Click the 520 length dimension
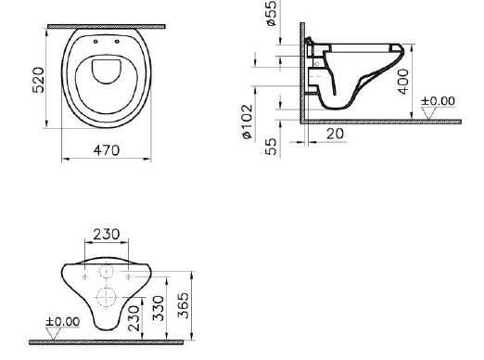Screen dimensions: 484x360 pyautogui.click(x=38, y=80)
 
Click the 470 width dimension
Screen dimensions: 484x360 pyautogui.click(x=106, y=150)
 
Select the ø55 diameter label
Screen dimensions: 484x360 pyautogui.click(x=272, y=13)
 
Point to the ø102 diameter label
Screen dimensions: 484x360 pyautogui.click(x=248, y=122)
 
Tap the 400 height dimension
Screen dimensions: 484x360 pyautogui.click(x=403, y=82)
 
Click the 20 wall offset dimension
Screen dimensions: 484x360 pyautogui.click(x=335, y=134)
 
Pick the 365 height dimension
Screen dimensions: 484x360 pyautogui.click(x=183, y=305)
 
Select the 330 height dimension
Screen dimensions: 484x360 pyautogui.click(x=159, y=308)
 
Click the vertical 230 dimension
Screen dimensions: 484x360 pyautogui.click(x=134, y=318)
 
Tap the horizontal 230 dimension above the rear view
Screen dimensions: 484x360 pyautogui.click(x=107, y=235)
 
